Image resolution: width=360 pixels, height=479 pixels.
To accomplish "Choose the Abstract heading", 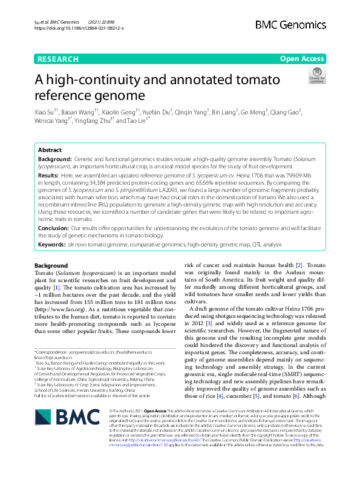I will click(x=50, y=150).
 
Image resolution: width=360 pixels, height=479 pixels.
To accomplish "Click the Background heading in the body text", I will click(x=51, y=266).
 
